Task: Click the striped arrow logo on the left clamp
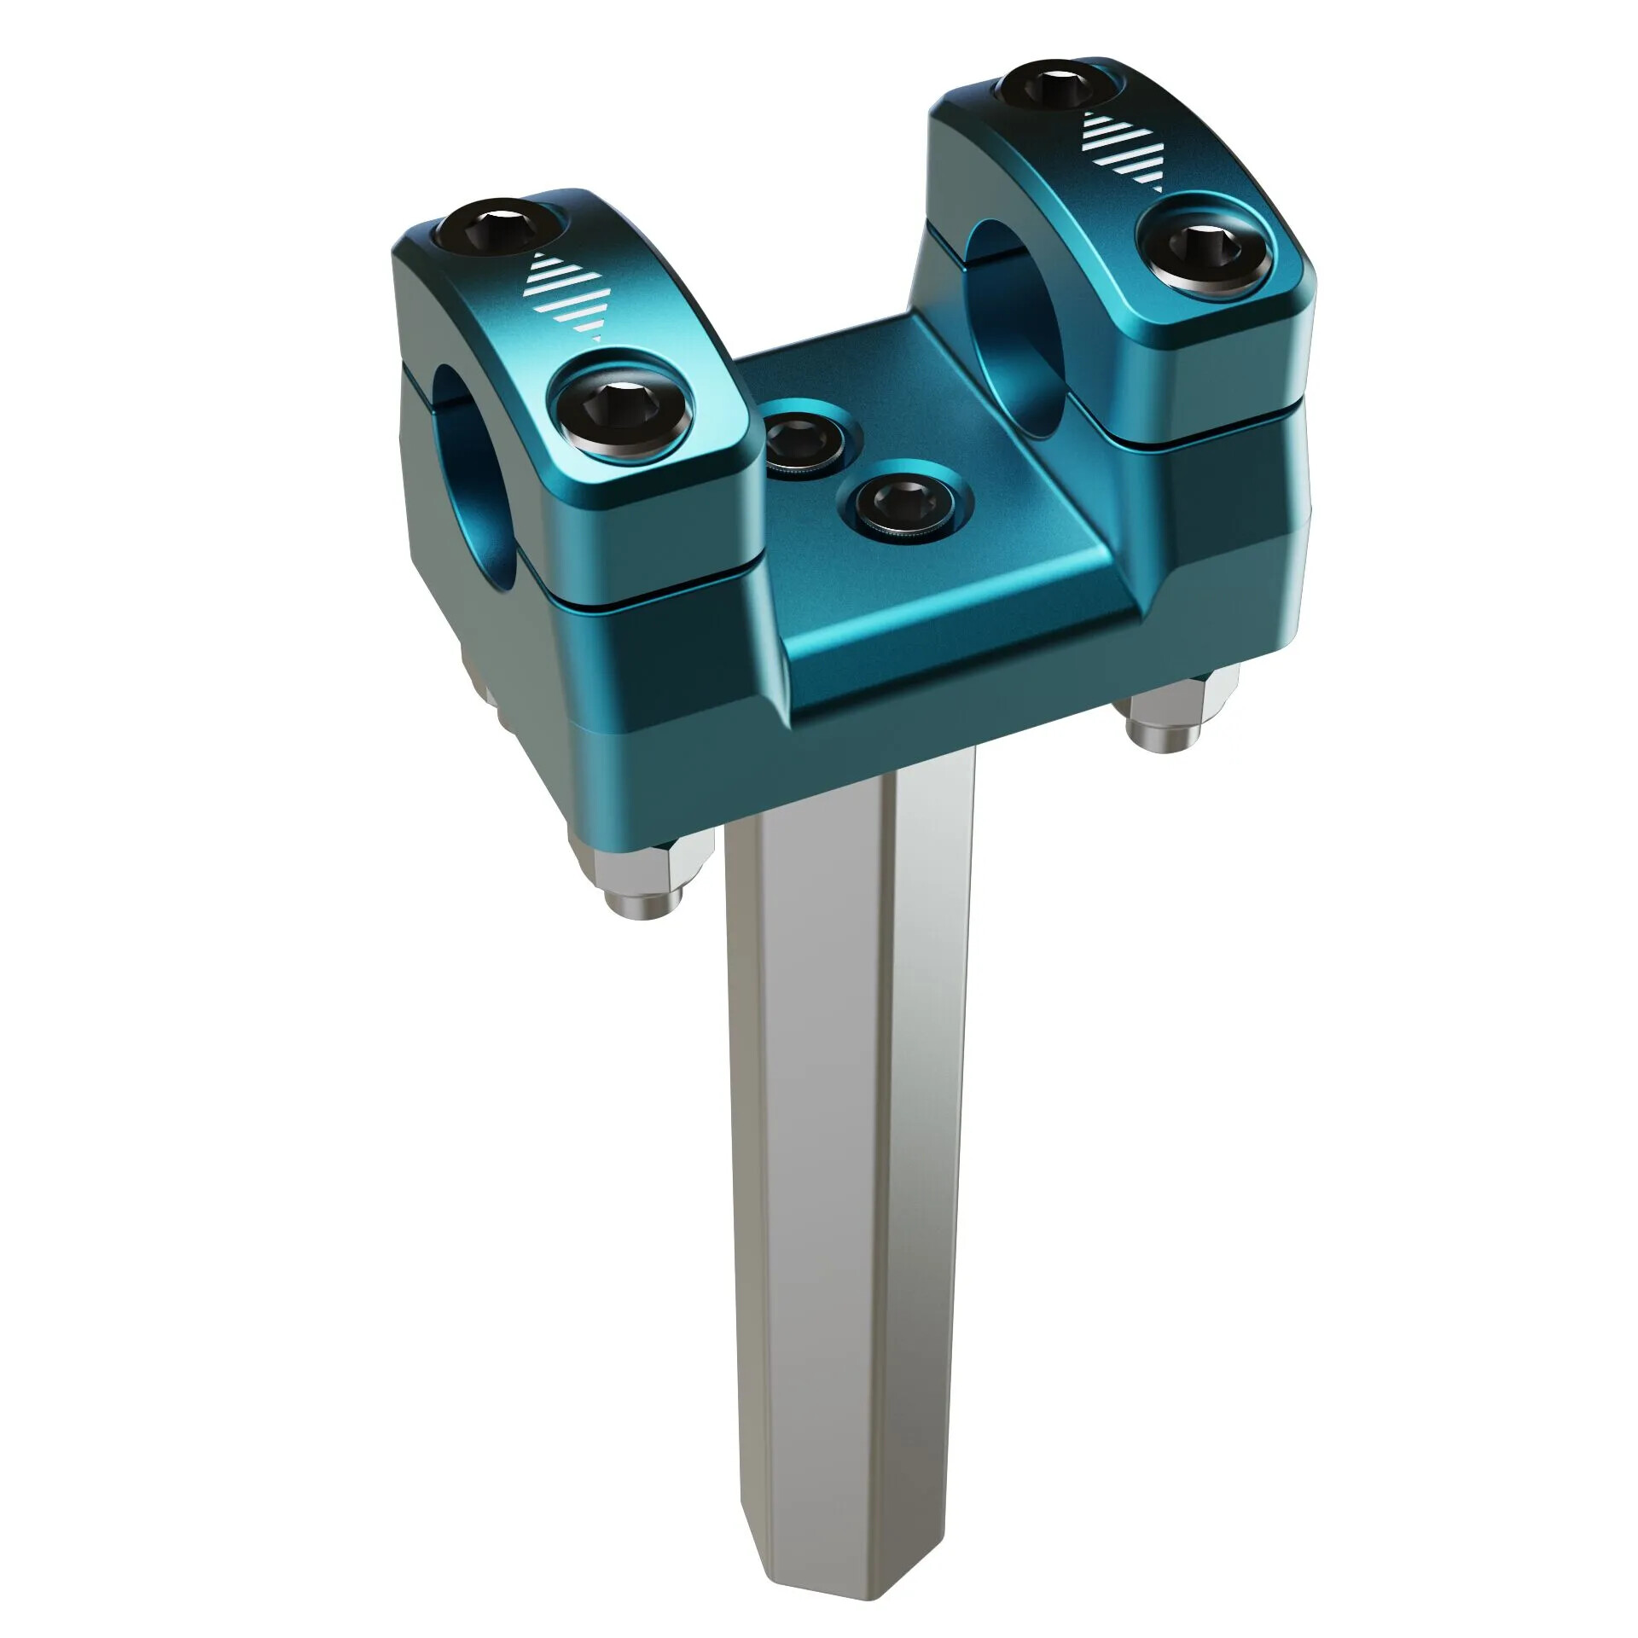click(569, 293)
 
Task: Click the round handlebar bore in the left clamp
click(473, 478)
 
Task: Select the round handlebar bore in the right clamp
click(1015, 328)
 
